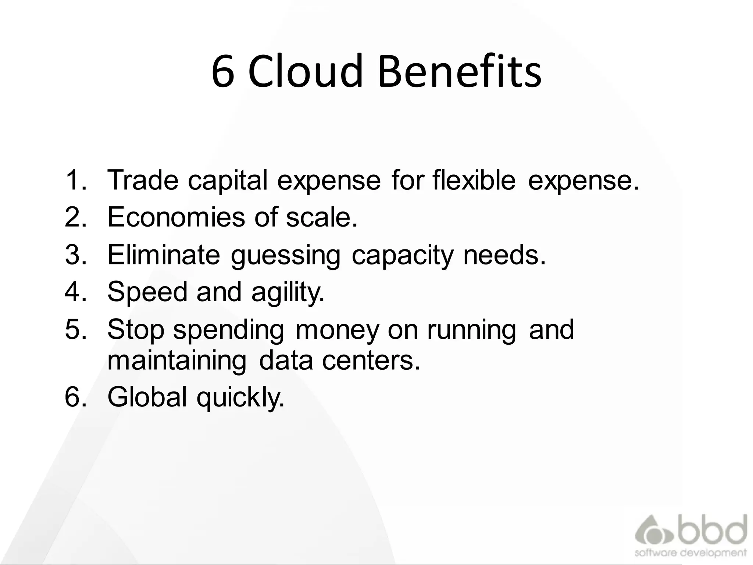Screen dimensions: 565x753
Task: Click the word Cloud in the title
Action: click(x=305, y=72)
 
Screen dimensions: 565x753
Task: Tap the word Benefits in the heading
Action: click(x=460, y=72)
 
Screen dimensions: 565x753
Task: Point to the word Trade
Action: click(x=143, y=180)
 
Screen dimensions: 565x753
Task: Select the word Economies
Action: click(x=176, y=217)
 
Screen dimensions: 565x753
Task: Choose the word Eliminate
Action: click(x=164, y=255)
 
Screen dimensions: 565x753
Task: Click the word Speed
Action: click(x=147, y=292)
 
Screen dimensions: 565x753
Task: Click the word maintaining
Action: click(x=177, y=360)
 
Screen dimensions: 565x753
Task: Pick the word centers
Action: click(x=371, y=360)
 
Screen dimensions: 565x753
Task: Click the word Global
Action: click(x=147, y=397)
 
